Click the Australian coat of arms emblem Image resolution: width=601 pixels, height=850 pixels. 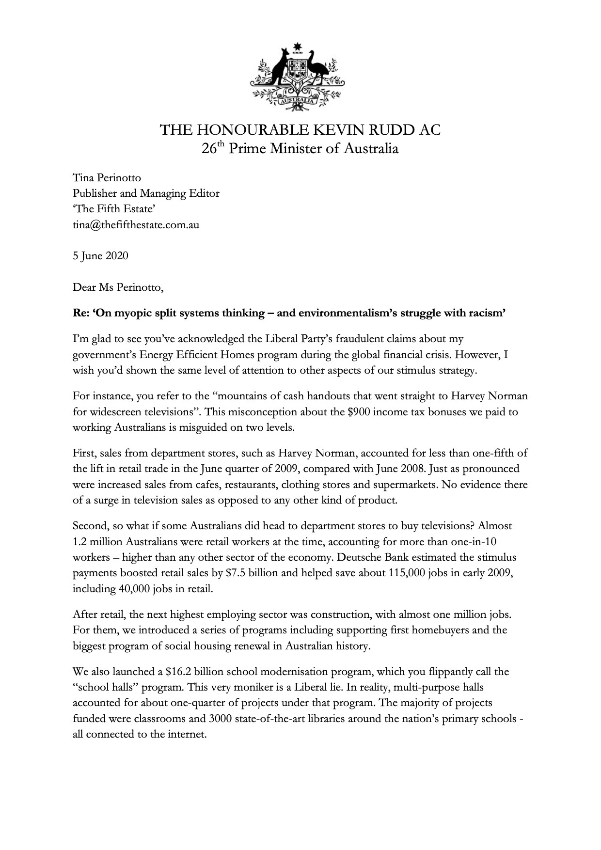(298, 78)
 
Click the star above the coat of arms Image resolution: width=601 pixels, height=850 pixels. (298, 47)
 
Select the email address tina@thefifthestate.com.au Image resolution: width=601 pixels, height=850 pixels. (136, 225)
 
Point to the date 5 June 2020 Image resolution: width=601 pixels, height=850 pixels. (100, 255)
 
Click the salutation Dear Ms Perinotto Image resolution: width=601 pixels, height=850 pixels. (118, 287)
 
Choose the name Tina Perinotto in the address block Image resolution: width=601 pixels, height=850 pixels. (107, 178)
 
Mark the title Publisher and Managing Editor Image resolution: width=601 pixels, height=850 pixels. (146, 193)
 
